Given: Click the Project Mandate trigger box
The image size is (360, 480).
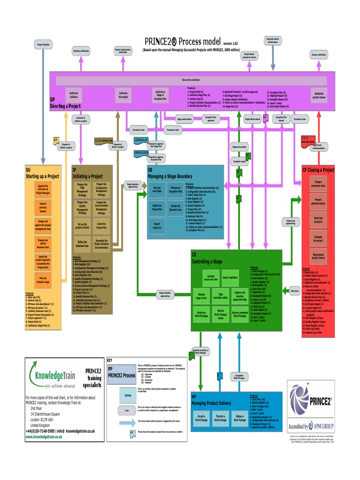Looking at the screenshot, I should tap(43, 45).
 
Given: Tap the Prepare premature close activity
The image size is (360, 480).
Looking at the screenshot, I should tap(318, 184).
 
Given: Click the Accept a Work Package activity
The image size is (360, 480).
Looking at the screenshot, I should tap(201, 418).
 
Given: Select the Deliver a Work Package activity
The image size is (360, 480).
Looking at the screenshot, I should tap(240, 418).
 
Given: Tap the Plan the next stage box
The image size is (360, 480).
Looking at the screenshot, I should tap(157, 190).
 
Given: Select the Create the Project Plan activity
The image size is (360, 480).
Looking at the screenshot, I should tap(101, 225).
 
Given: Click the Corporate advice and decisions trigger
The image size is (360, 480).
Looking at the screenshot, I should tap(273, 40).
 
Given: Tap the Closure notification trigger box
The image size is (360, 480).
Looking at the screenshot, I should tap(319, 55).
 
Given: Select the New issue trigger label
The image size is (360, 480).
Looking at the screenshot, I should tap(294, 292).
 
